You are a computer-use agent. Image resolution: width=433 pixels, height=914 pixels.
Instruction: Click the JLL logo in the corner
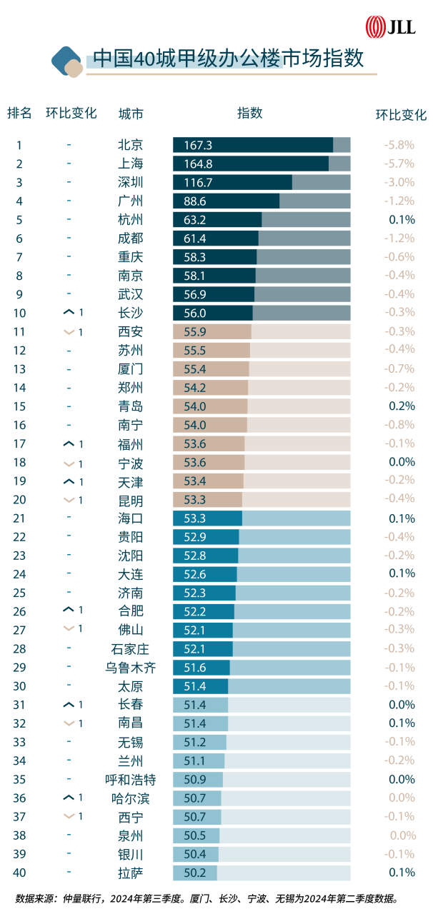391,27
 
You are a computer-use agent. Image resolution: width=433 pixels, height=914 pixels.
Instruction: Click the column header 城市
130,114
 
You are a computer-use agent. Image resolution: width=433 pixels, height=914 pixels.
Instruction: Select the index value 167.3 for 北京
198,145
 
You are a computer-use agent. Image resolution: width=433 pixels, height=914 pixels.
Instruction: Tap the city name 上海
130,164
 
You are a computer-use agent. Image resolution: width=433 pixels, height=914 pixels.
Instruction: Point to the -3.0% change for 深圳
399,182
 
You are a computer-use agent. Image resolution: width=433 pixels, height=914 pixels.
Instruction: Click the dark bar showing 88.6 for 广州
226,201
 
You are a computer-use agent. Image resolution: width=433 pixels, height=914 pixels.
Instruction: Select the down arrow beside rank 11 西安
69,331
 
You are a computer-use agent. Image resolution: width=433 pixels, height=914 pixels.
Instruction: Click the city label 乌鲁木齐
130,668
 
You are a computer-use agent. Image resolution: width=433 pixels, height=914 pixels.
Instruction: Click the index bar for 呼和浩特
198,779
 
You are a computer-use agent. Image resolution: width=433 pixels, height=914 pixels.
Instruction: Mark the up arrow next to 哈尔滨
69,798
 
